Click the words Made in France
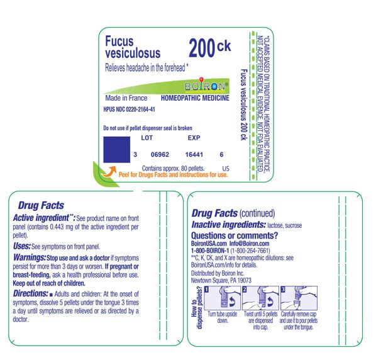pyautogui.click(x=126, y=98)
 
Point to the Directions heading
pyautogui.click(x=34, y=295)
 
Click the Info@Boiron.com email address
pyautogui.click(x=252, y=243)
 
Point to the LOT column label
pyautogui.click(x=147, y=137)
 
